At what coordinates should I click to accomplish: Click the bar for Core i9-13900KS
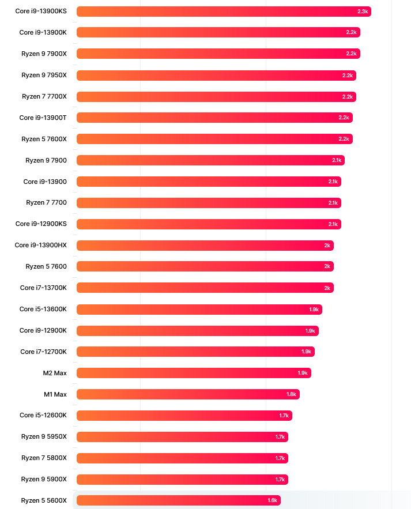(x=224, y=12)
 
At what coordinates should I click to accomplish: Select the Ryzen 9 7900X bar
(x=218, y=54)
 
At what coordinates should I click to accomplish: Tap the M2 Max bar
(x=194, y=373)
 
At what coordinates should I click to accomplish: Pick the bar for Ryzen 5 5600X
(x=178, y=500)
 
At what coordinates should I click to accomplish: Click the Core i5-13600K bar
(x=199, y=310)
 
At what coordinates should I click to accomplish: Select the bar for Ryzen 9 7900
(x=210, y=160)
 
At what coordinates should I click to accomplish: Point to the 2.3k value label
(x=363, y=12)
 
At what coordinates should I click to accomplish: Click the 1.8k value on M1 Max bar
(x=291, y=394)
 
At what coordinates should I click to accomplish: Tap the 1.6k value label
(x=272, y=500)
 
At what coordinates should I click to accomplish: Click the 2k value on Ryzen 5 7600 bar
(x=327, y=266)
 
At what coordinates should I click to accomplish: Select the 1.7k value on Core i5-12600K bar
(x=284, y=416)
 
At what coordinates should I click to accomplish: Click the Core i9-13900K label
(x=43, y=32)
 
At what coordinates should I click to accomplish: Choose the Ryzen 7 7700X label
(x=44, y=96)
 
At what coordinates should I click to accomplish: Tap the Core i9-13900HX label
(x=41, y=245)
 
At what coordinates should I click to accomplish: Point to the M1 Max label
(x=55, y=394)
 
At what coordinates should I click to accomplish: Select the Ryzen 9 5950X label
(x=44, y=436)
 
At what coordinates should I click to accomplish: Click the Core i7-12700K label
(x=44, y=352)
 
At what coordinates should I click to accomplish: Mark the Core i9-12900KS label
(x=42, y=224)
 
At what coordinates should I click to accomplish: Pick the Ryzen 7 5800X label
(x=44, y=458)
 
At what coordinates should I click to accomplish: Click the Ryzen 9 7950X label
(x=44, y=75)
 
